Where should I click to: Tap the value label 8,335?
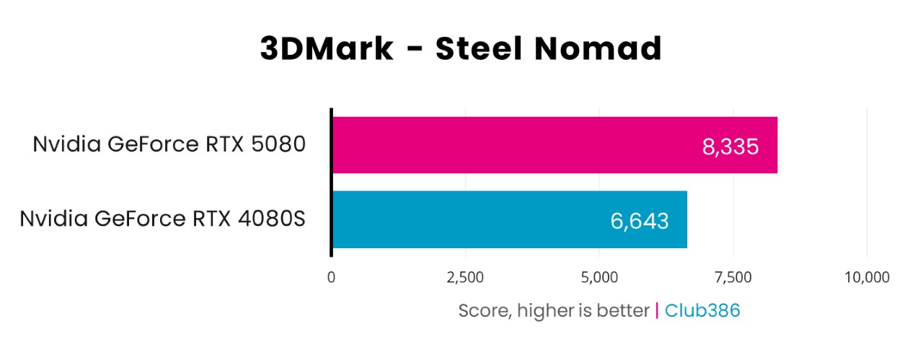(x=730, y=147)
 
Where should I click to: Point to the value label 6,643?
(x=640, y=221)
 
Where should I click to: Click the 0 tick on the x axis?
(x=331, y=277)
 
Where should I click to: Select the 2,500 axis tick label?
(x=465, y=277)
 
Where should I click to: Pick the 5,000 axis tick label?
(x=599, y=277)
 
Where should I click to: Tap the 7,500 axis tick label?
(x=733, y=277)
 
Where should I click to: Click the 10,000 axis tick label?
(x=866, y=277)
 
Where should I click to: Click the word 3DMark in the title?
(x=327, y=49)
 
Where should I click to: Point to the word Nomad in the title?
(x=603, y=49)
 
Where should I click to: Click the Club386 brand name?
(x=702, y=310)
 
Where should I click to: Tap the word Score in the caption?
(x=482, y=311)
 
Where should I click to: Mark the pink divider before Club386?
(x=657, y=310)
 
